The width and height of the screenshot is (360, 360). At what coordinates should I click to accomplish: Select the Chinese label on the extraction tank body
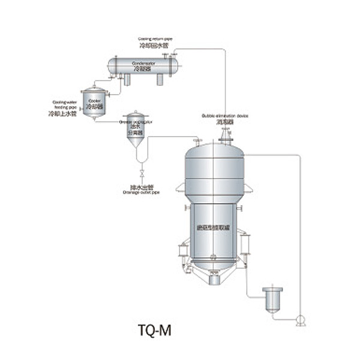pyautogui.click(x=214, y=228)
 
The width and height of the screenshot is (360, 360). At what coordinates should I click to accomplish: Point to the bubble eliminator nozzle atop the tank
pyautogui.click(x=226, y=137)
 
